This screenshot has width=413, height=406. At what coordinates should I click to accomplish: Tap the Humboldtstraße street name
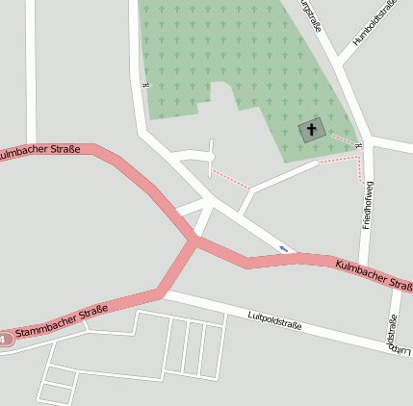click(x=374, y=23)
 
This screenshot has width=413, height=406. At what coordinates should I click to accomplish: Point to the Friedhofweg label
click(x=367, y=204)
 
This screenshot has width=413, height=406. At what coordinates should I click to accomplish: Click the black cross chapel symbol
click(x=312, y=129)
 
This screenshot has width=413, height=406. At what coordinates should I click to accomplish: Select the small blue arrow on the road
click(x=284, y=248)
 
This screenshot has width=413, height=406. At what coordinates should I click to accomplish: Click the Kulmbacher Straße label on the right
click(x=374, y=274)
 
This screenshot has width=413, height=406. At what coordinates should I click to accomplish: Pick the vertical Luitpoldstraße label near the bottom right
click(x=393, y=335)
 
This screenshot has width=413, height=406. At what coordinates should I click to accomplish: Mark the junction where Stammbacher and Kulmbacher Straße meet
click(x=196, y=242)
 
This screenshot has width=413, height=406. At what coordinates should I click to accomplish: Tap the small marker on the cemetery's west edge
click(x=144, y=85)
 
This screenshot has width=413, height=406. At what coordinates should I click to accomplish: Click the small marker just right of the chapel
click(x=357, y=145)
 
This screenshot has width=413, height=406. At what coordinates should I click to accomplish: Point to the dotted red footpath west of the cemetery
click(x=231, y=179)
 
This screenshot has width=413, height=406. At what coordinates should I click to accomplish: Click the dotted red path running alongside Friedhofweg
click(x=361, y=169)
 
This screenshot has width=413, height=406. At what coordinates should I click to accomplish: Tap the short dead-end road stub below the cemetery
click(x=211, y=159)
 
